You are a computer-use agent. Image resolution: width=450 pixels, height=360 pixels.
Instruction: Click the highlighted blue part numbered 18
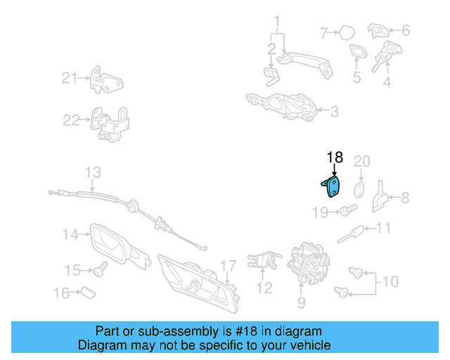[333, 187]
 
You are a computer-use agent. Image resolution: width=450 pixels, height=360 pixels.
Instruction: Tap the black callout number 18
[335, 157]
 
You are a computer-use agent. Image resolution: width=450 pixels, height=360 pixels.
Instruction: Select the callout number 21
[70, 78]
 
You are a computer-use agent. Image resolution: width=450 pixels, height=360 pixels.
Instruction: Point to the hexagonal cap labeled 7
[347, 33]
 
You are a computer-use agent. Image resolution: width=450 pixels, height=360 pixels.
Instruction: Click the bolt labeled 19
[349, 210]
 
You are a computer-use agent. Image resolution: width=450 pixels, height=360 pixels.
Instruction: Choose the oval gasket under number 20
[359, 191]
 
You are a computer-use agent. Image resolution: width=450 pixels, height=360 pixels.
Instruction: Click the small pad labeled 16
[88, 292]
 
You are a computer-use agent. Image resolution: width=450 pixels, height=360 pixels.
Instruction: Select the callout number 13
[93, 172]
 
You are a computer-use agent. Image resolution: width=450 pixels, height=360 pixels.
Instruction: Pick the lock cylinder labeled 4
[386, 56]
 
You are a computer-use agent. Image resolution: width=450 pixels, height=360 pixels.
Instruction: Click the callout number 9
[302, 302]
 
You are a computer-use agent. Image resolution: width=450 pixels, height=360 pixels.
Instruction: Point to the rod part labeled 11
[350, 235]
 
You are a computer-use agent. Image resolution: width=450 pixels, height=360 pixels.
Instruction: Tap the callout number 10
[390, 282]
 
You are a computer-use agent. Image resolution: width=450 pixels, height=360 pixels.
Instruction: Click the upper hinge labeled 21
[106, 80]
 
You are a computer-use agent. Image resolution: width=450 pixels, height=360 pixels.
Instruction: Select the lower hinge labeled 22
[110, 124]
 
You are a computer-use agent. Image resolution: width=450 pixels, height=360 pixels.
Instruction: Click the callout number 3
[335, 112]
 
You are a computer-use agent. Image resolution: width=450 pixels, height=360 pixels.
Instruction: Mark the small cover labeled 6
[378, 30]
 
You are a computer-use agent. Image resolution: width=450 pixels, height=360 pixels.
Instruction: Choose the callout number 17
[228, 266]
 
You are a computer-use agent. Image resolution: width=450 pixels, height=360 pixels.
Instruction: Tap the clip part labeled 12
[264, 260]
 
